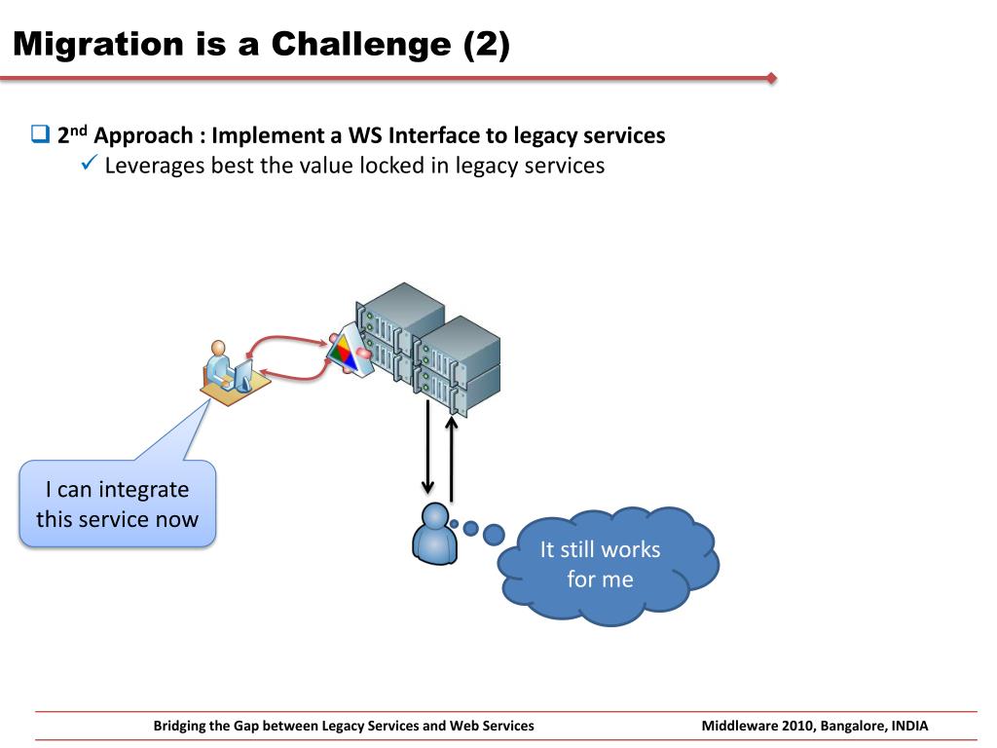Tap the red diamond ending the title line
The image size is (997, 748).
772,78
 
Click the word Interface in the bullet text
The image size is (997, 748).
440,135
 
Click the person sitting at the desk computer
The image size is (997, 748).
221,366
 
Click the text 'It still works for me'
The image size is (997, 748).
600,564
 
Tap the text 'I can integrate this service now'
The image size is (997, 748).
117,504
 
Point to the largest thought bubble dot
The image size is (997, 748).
494,534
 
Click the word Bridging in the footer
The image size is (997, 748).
182,726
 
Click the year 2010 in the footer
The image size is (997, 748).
797,726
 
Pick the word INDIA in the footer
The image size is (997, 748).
909,726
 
